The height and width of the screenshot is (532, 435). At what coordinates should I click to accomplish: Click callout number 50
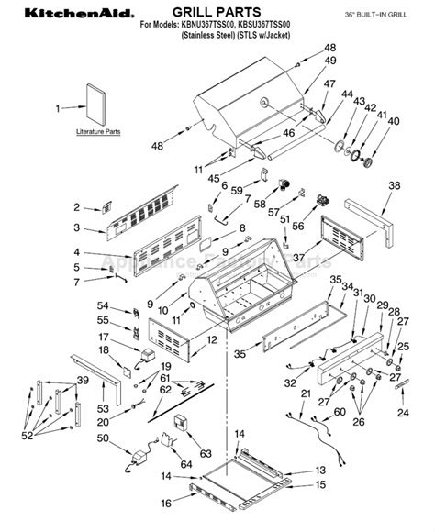click(102, 439)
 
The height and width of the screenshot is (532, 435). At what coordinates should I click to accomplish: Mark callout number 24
click(402, 413)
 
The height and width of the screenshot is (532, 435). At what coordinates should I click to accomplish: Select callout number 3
click(77, 227)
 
